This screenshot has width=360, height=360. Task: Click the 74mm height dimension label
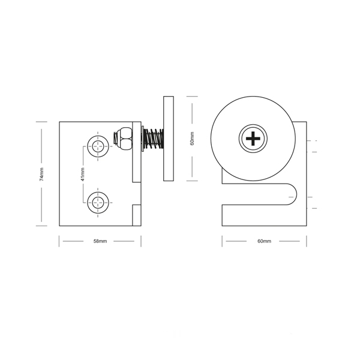click(x=41, y=174)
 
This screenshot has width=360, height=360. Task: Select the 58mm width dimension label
click(x=100, y=241)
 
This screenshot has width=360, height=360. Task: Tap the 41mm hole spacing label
click(x=83, y=174)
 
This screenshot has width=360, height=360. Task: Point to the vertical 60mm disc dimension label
click(x=192, y=139)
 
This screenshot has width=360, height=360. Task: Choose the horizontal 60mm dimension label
click(x=264, y=241)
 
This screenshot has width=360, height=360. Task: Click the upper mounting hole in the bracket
click(x=98, y=146)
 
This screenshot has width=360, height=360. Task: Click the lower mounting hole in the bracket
click(x=98, y=203)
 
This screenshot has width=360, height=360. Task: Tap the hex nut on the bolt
click(x=125, y=139)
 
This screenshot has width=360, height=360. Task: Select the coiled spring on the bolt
click(x=154, y=139)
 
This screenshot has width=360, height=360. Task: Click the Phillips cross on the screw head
click(x=253, y=139)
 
